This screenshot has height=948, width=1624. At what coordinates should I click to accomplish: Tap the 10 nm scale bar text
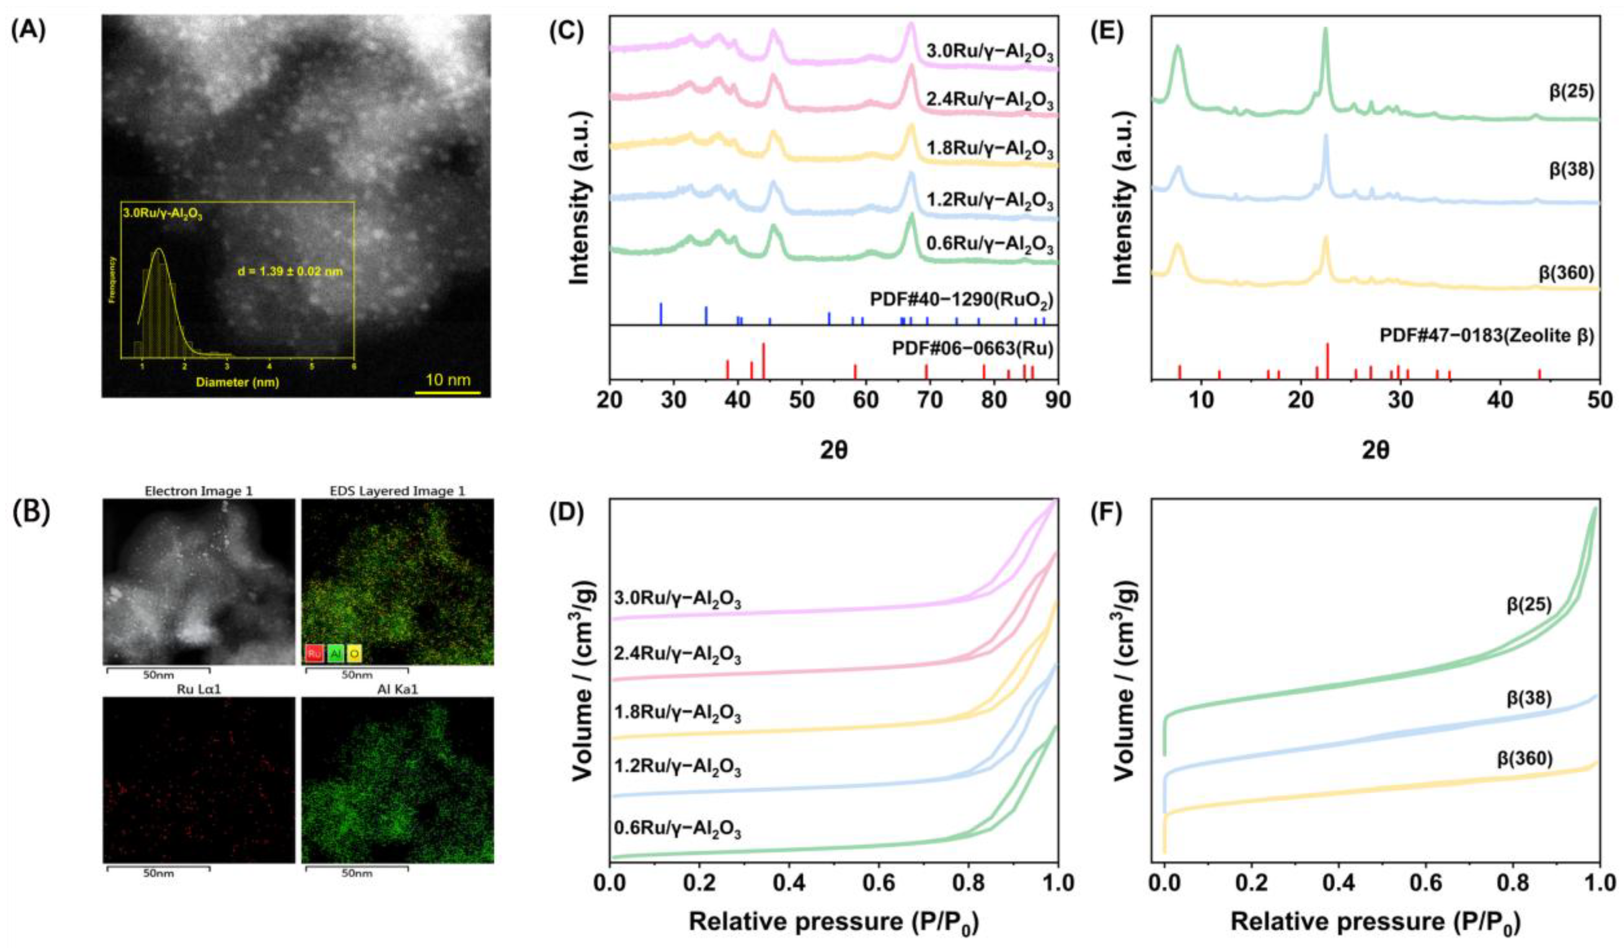[x=447, y=378]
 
